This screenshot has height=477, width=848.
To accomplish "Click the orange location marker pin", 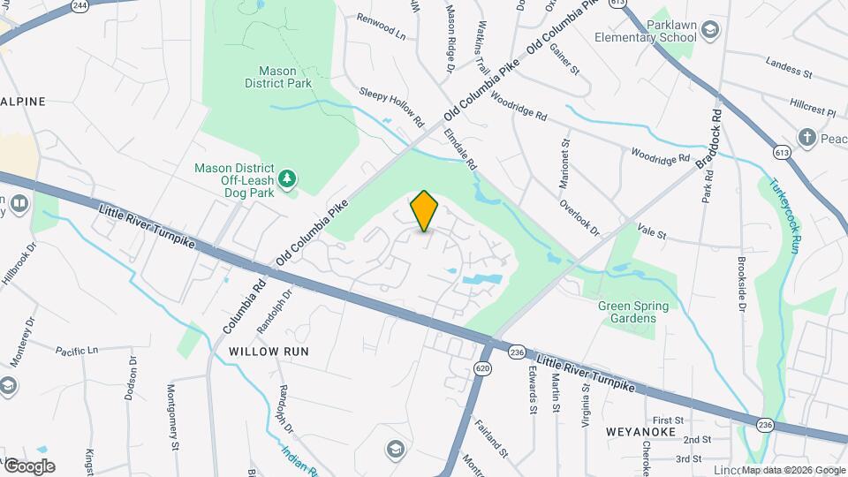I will point(425,210).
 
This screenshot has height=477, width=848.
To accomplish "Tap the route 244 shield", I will point(80,6).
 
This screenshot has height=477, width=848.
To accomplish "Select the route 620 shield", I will point(482,367).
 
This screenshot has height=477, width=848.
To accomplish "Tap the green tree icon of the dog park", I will point(287,180).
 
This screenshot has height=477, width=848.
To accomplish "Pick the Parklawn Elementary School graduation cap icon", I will point(710,33).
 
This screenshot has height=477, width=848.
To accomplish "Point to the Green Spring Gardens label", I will point(633,312).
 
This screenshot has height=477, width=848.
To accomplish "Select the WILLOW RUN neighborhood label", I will point(269,351).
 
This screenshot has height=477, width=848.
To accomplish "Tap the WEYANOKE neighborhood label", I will point(640,432).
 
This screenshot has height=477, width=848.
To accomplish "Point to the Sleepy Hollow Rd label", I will point(391,105).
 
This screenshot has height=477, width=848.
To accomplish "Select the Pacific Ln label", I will point(77,351).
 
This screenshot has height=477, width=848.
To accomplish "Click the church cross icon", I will point(806,137).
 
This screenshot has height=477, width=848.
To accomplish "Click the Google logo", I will point(29,466).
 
